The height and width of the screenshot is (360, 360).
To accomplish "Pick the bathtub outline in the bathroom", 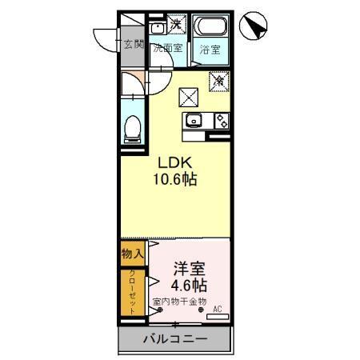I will click(x=211, y=26).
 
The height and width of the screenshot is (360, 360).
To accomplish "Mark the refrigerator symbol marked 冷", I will click(x=217, y=80).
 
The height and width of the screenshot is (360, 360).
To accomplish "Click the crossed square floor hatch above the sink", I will click(x=189, y=97).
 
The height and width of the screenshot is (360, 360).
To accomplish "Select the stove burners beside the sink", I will click(x=220, y=121).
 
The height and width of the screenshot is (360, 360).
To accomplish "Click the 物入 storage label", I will click(x=132, y=254).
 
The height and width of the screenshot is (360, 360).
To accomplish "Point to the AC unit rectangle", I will click(x=217, y=318).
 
